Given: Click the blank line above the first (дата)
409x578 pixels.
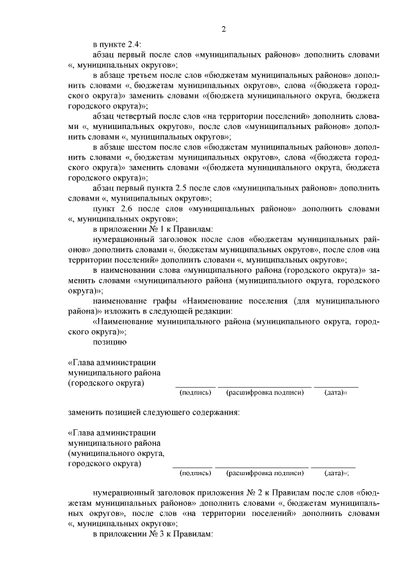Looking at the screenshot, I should [336, 386].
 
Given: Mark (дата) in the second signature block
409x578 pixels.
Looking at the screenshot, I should [336, 473].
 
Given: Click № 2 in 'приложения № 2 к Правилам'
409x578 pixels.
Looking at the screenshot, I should [258, 493].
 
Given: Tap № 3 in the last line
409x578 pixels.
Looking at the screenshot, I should [153, 534].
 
